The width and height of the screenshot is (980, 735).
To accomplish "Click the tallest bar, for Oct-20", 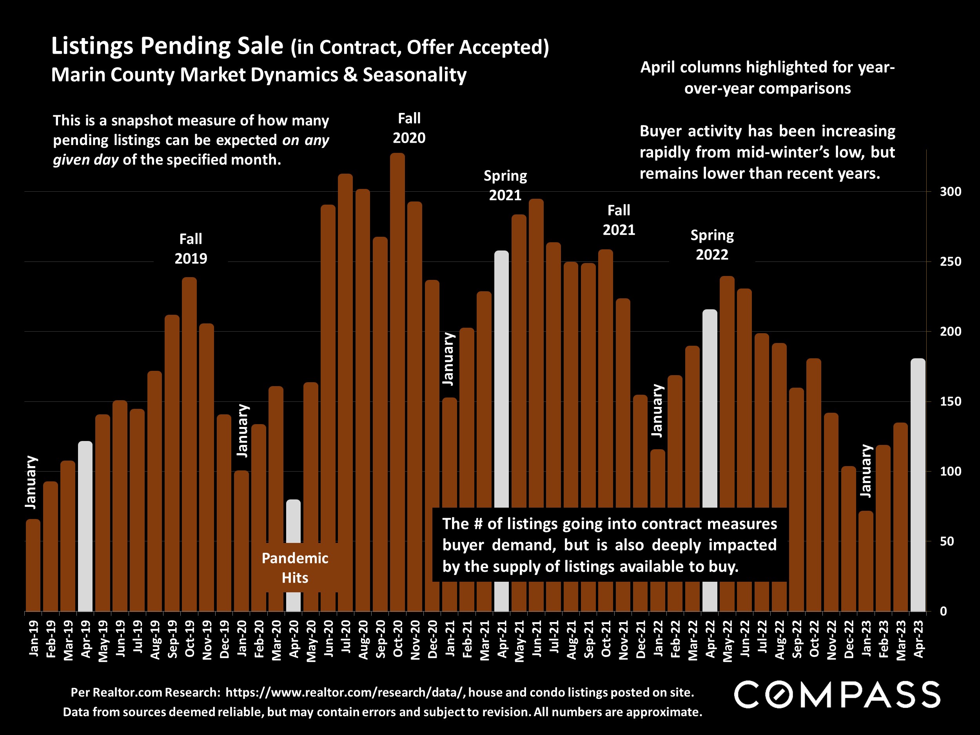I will pyautogui.click(x=397, y=381).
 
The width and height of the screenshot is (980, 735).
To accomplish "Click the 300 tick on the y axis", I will pyautogui.click(x=950, y=192).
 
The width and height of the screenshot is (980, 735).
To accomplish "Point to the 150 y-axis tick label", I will pyautogui.click(x=950, y=402).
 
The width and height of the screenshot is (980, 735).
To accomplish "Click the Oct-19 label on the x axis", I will pyautogui.click(x=190, y=639).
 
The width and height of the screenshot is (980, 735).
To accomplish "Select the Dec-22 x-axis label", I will pyautogui.click(x=849, y=639).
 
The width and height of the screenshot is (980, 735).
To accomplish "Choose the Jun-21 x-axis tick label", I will pyautogui.click(x=537, y=639).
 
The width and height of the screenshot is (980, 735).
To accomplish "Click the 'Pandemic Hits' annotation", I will pyautogui.click(x=295, y=568).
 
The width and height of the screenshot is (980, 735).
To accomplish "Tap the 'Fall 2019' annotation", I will pyautogui.click(x=191, y=249).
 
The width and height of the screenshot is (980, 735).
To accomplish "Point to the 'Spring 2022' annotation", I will pyautogui.click(x=712, y=245).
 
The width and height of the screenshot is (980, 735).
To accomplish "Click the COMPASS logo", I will pyautogui.click(x=837, y=695).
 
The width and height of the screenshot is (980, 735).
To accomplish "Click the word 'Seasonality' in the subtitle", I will pyautogui.click(x=415, y=75).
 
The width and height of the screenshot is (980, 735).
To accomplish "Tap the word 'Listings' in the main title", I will pyautogui.click(x=92, y=46).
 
